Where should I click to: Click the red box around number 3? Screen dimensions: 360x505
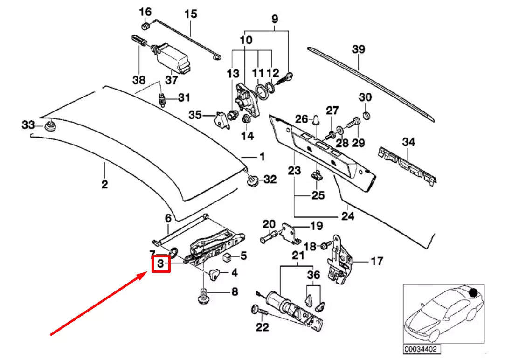tap(161, 264)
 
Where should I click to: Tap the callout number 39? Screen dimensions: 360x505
tap(358, 49)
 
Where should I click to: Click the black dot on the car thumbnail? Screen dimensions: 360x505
tap(474, 293)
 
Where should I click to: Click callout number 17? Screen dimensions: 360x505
tap(377, 261)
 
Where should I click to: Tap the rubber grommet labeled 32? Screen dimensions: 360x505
tap(253, 180)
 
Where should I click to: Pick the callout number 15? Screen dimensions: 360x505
tap(191, 14)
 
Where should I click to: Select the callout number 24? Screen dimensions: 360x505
tap(348, 216)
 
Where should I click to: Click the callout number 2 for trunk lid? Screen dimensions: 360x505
tap(104, 184)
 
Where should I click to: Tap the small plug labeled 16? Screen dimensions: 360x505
tap(145, 26)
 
